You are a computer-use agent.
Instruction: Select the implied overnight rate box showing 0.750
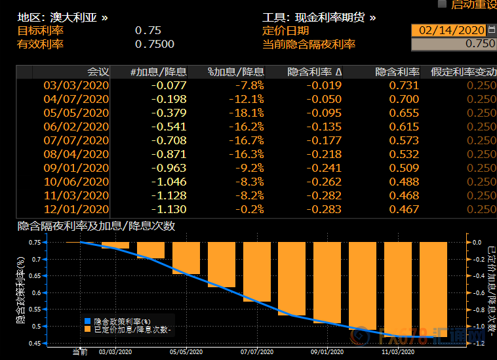coord(453,44)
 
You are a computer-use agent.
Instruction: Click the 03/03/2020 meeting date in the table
coord(76,85)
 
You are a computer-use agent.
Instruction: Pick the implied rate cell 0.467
coord(404,209)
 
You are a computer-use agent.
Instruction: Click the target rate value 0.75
coord(148,30)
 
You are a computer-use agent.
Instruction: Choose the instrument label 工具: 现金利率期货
coord(319,17)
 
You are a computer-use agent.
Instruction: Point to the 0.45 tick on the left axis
coord(37,343)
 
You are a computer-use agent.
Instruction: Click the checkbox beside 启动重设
coord(442,4)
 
